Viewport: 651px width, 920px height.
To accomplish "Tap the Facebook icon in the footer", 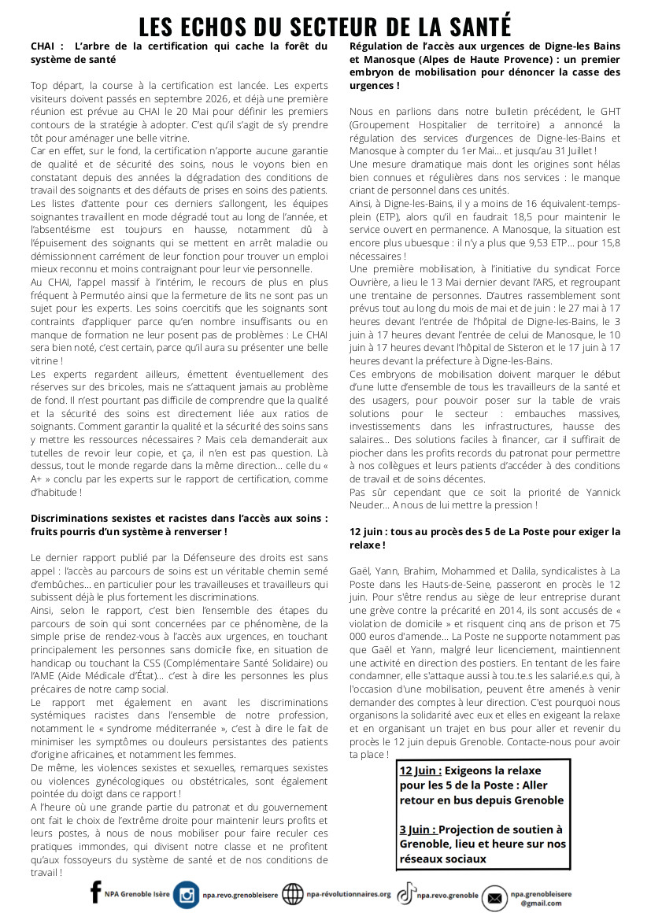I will coord(96,892).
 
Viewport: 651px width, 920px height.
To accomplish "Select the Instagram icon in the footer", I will coord(187,895).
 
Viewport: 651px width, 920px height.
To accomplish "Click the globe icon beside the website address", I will coord(293,895).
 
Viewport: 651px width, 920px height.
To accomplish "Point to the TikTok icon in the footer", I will coord(406,894).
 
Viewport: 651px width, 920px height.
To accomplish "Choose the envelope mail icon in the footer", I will coord(494,897).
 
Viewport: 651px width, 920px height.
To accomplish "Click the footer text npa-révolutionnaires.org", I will coord(349,894).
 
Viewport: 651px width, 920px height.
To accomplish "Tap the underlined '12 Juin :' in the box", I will coord(420,770).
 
